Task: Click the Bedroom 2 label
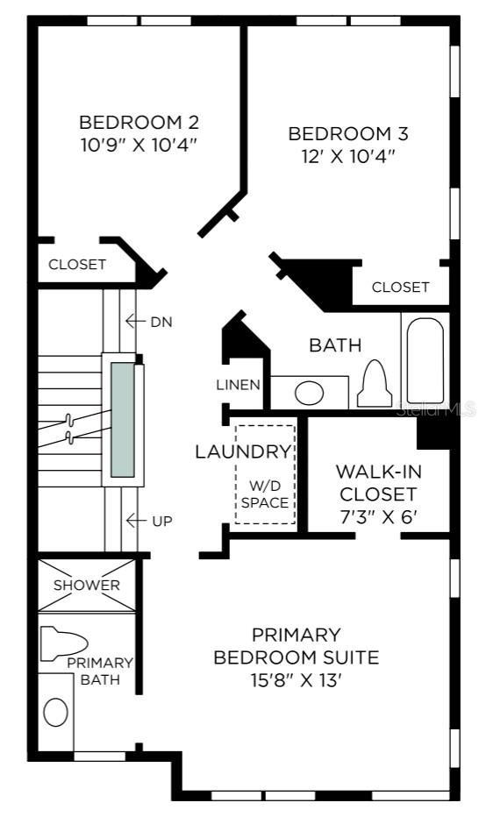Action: (x=139, y=123)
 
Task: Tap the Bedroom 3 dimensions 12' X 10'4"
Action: (x=347, y=156)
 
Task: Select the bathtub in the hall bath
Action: (x=425, y=360)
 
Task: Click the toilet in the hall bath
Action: (x=375, y=383)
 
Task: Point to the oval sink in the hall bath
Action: (x=309, y=393)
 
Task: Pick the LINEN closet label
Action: (x=239, y=385)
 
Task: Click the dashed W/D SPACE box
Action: (x=265, y=474)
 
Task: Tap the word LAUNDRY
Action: (x=243, y=451)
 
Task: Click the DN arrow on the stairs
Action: (x=135, y=322)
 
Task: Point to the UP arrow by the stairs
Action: (x=135, y=520)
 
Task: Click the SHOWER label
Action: (x=87, y=585)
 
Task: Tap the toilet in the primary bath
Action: (x=63, y=644)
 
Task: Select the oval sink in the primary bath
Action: (x=56, y=712)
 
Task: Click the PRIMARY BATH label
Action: (x=100, y=671)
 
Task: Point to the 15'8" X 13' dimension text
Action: (x=296, y=680)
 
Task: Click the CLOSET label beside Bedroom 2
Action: (x=77, y=265)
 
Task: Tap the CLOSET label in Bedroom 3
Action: (x=400, y=288)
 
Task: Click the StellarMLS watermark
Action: (x=436, y=408)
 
